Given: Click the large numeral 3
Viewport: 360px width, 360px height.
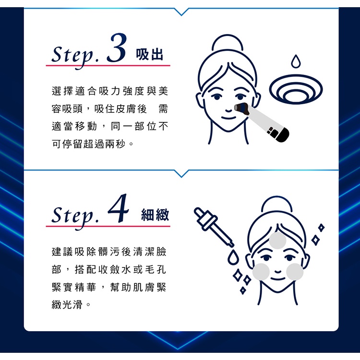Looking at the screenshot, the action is pos(117,48).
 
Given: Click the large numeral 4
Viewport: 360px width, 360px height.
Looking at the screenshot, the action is pos(118,208).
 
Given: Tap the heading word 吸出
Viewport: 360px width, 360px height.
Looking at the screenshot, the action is pos(149,55).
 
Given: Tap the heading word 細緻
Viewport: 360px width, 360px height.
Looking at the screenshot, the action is pos(155,215).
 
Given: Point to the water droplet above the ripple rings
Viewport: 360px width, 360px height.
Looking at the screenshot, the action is pos(296,61).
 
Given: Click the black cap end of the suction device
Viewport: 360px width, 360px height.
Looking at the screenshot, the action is pos(282,135).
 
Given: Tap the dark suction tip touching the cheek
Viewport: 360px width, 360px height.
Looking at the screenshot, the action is pos(242,108).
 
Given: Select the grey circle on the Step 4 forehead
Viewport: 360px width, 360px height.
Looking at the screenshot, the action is pos(277,240).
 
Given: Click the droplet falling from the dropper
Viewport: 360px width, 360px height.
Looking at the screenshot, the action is pos(233,257).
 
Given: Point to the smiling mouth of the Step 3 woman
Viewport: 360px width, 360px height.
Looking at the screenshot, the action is pos(228,118).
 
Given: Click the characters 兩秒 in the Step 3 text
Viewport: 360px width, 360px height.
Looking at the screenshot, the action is pos(115,144).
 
